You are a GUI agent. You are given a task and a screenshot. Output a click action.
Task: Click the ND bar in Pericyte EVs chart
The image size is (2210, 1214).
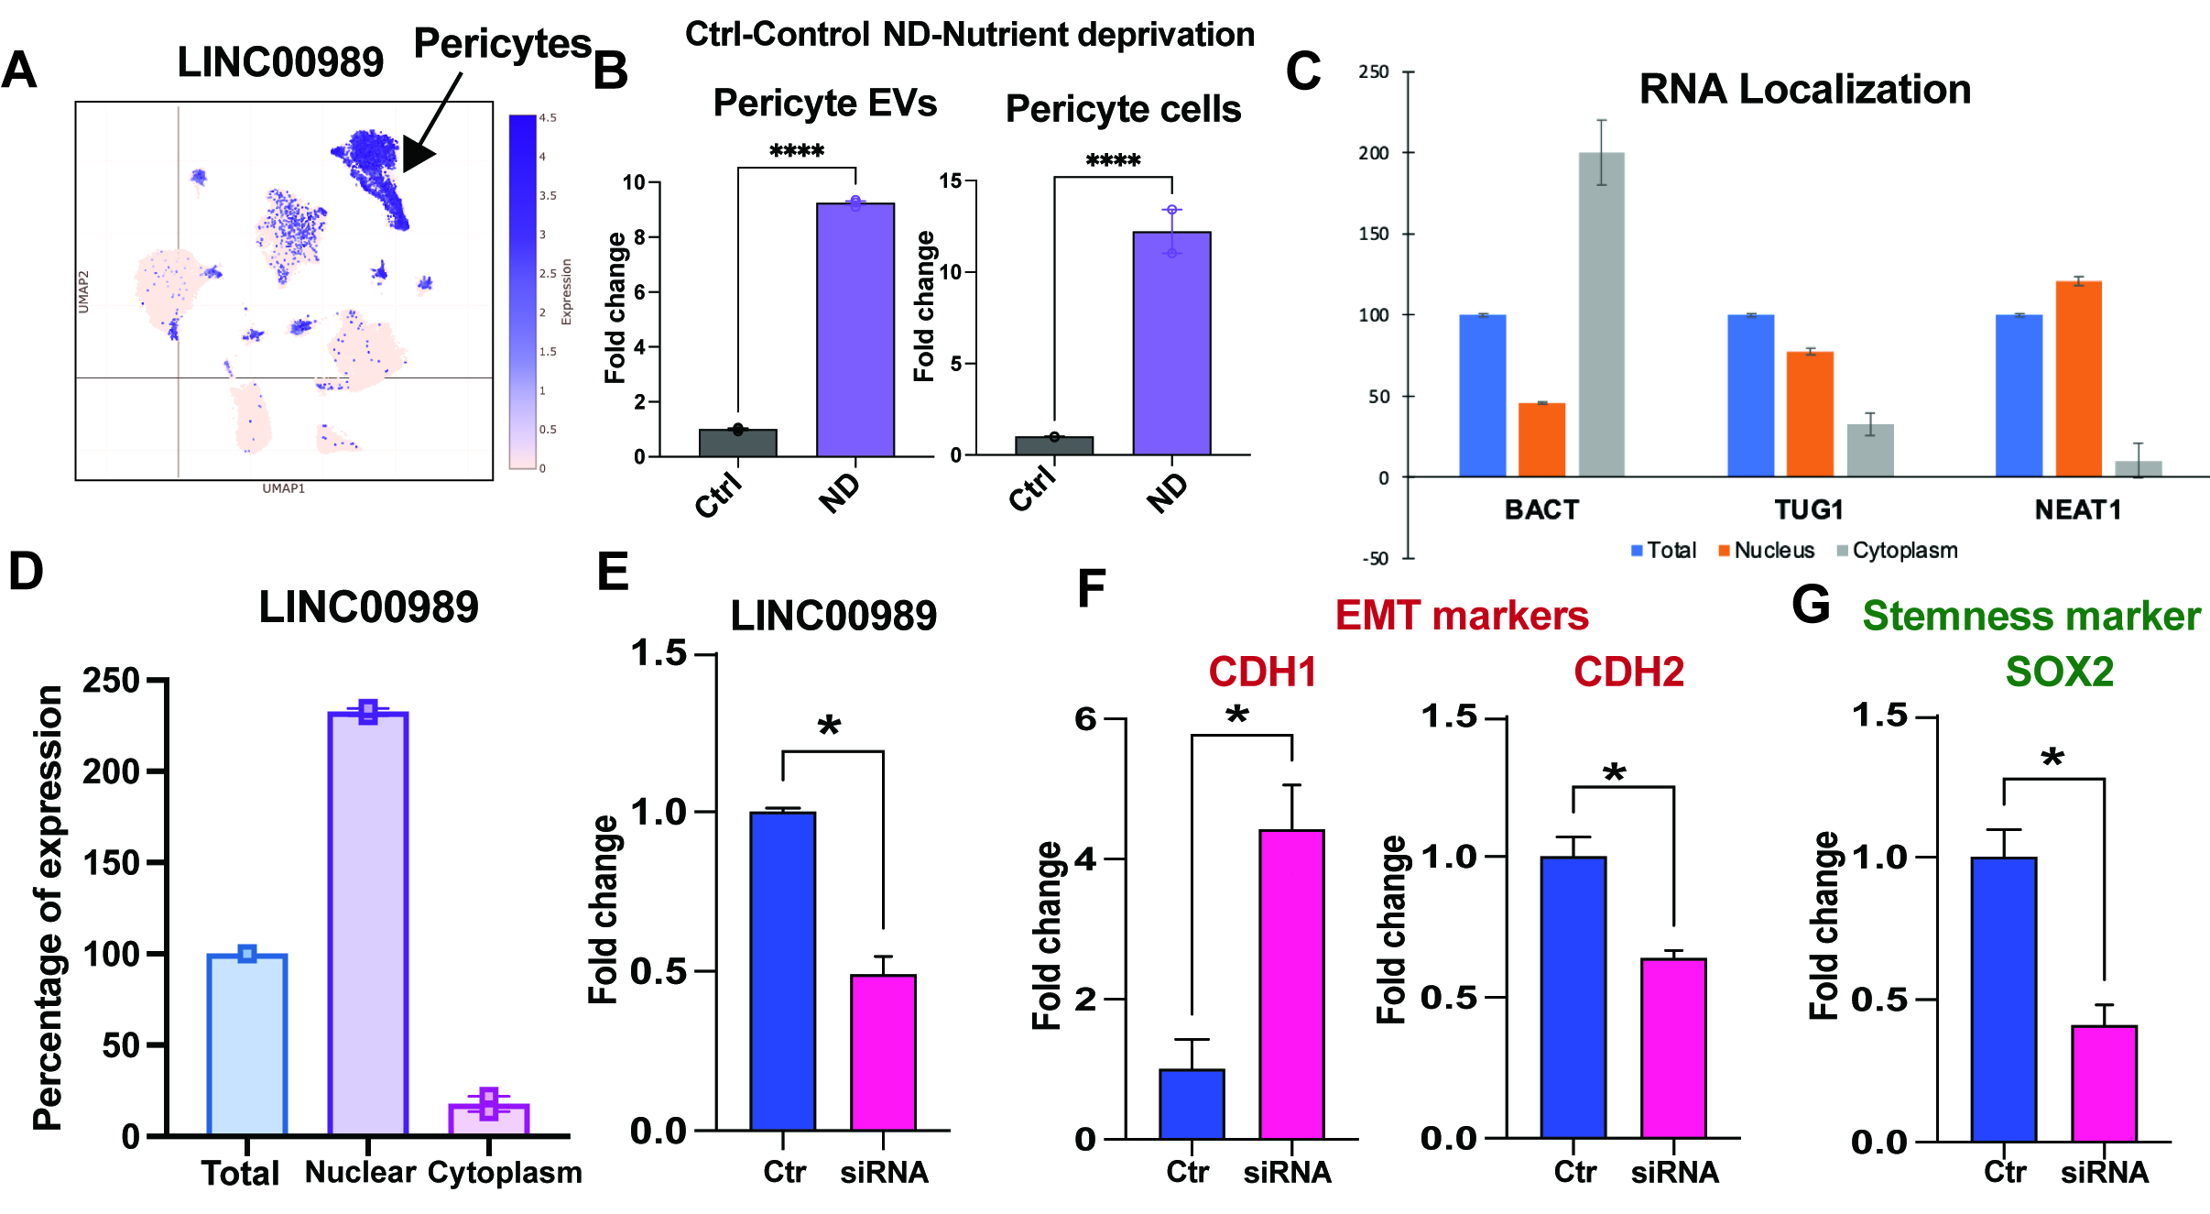tap(855, 330)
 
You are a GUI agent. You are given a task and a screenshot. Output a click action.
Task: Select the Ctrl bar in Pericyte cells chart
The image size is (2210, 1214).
tap(1054, 445)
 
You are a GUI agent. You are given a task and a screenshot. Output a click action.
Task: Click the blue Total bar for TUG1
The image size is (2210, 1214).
tap(1750, 395)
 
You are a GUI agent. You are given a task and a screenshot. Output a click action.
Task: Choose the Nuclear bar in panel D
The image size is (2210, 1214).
tap(367, 924)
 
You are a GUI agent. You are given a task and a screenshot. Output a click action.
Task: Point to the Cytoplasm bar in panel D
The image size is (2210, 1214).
tap(488, 1120)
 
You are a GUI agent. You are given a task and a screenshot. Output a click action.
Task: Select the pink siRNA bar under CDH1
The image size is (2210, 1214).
tap(1291, 984)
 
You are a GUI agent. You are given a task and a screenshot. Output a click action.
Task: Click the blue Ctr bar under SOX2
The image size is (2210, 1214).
tap(2004, 999)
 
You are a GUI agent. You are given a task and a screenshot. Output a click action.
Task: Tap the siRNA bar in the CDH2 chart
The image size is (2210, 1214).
tap(1673, 1048)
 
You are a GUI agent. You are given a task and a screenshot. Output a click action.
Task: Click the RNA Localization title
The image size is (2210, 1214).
tap(1804, 90)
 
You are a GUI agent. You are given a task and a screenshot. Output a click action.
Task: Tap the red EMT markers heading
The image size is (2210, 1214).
tap(1461, 616)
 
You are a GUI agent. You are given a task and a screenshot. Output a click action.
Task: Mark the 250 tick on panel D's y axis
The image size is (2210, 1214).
tap(112, 681)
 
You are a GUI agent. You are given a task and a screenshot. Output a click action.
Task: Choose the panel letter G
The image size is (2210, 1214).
tap(1811, 606)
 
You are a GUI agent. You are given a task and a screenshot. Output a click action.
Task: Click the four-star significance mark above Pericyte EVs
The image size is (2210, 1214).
tap(796, 151)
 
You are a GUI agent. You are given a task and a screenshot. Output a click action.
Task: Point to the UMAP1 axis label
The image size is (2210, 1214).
tap(284, 488)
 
